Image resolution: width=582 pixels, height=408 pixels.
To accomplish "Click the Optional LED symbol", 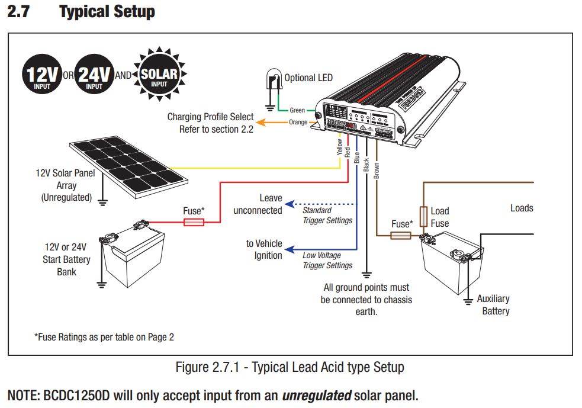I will [x=274, y=82].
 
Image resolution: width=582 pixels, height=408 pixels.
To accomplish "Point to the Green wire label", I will [x=297, y=110].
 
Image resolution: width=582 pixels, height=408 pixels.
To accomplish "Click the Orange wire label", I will [x=298, y=123].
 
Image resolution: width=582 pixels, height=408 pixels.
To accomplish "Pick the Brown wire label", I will [x=377, y=170].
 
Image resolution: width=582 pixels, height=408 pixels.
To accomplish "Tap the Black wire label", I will [x=366, y=165].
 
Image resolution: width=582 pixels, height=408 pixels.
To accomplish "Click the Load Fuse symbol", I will [x=424, y=217].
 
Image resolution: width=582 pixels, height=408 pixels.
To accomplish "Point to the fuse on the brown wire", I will [x=401, y=236].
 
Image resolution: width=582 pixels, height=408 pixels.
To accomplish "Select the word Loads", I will [x=522, y=208].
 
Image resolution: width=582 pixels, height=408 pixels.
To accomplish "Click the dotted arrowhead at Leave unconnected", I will [x=289, y=204].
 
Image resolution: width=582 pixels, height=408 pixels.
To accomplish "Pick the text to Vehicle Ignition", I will [x=264, y=249].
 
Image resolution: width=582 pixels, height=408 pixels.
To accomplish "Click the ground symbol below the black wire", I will [x=366, y=274].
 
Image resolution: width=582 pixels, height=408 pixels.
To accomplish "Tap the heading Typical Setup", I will [x=107, y=11].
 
